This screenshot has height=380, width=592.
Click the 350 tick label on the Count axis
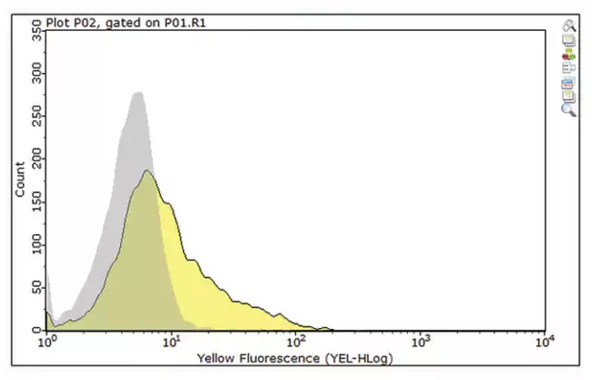(x=36, y=30)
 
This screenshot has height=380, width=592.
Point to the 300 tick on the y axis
(x=36, y=73)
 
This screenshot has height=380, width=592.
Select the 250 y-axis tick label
(x=36, y=116)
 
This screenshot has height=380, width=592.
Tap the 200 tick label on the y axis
(x=36, y=159)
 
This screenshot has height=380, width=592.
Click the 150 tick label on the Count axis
(x=36, y=201)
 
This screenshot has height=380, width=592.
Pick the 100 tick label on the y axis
(x=36, y=244)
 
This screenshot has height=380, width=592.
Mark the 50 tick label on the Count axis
(x=36, y=287)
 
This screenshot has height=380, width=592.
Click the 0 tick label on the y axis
(x=36, y=330)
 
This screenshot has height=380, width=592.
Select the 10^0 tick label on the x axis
(x=46, y=342)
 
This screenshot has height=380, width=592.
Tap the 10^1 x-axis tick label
(x=171, y=342)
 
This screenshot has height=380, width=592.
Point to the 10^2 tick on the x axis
(x=296, y=342)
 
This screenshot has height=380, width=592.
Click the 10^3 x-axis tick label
(x=421, y=342)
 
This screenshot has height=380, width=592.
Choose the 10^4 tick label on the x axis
(x=546, y=342)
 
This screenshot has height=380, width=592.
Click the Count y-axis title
(x=20, y=180)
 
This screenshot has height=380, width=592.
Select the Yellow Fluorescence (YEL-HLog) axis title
(x=295, y=358)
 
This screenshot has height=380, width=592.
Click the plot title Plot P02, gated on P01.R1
(x=126, y=23)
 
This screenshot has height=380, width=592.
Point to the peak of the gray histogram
(x=139, y=92)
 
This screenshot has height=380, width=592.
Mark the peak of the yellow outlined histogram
(x=148, y=170)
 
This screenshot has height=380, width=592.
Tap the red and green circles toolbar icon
(x=568, y=56)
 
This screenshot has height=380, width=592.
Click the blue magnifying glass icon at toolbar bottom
(x=568, y=109)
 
